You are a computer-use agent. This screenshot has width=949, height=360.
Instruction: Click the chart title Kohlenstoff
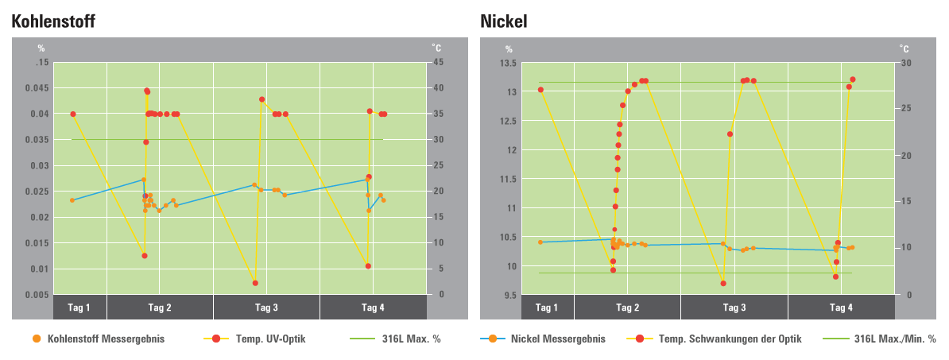click(54, 21)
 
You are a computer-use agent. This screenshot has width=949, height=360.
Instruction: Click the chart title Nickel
click(503, 21)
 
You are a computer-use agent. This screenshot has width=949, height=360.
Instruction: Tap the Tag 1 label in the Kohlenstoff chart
click(79, 308)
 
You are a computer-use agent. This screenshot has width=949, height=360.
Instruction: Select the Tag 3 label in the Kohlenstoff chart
click(266, 308)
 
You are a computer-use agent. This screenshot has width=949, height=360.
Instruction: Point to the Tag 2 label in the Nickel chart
click(627, 308)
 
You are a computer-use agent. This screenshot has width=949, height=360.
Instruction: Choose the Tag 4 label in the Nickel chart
click(841, 308)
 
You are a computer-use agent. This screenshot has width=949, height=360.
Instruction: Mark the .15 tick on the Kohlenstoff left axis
click(41, 63)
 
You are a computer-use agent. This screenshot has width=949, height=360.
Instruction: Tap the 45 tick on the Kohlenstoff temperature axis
click(436, 63)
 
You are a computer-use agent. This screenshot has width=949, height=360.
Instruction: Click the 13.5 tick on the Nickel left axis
click(507, 63)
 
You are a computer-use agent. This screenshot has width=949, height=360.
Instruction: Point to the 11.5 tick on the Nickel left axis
click(507, 180)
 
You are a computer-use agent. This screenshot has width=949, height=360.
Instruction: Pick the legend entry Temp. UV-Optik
click(270, 339)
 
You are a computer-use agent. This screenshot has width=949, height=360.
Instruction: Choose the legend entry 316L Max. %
click(412, 339)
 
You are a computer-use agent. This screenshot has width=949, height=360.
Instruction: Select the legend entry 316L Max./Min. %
click(894, 339)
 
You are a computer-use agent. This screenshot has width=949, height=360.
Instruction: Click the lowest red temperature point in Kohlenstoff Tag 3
click(255, 283)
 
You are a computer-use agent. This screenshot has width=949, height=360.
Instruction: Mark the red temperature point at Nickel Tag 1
click(540, 90)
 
